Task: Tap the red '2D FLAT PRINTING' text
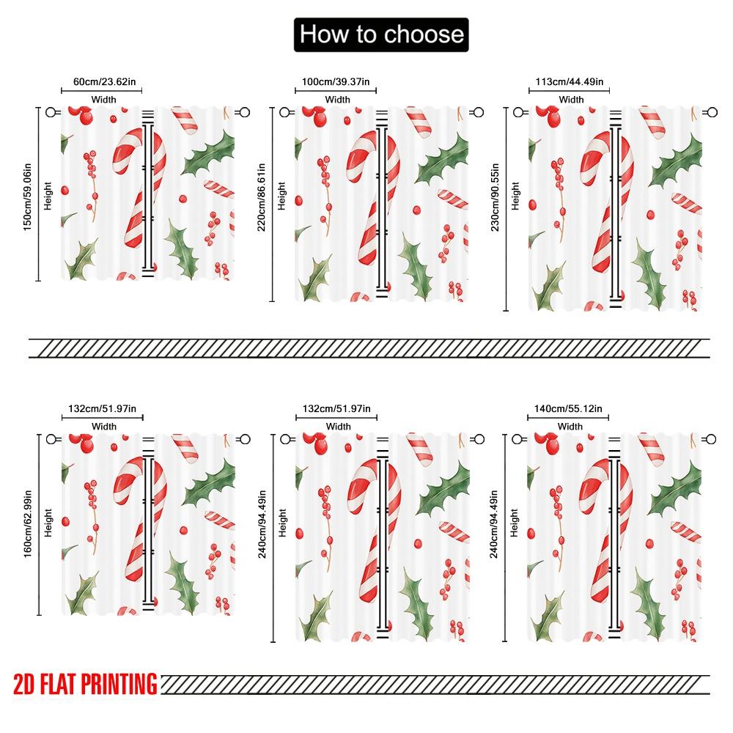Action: pos(85,684)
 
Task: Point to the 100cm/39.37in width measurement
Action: pos(336,81)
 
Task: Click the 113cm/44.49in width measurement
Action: pos(570,82)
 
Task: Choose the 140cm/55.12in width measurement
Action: pos(570,408)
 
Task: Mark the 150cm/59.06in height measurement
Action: pos(29,194)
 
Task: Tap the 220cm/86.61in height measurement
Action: pos(262,198)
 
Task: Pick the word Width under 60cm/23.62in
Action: pos(103,100)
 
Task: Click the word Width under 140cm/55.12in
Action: pos(570,427)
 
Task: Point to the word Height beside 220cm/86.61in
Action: pos(282,196)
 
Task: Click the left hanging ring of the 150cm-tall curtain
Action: pos(51,112)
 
